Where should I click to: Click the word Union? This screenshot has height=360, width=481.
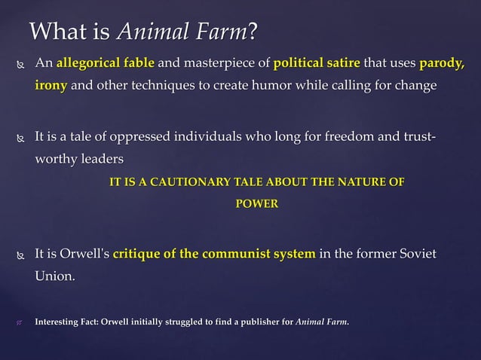pos(55,276)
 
